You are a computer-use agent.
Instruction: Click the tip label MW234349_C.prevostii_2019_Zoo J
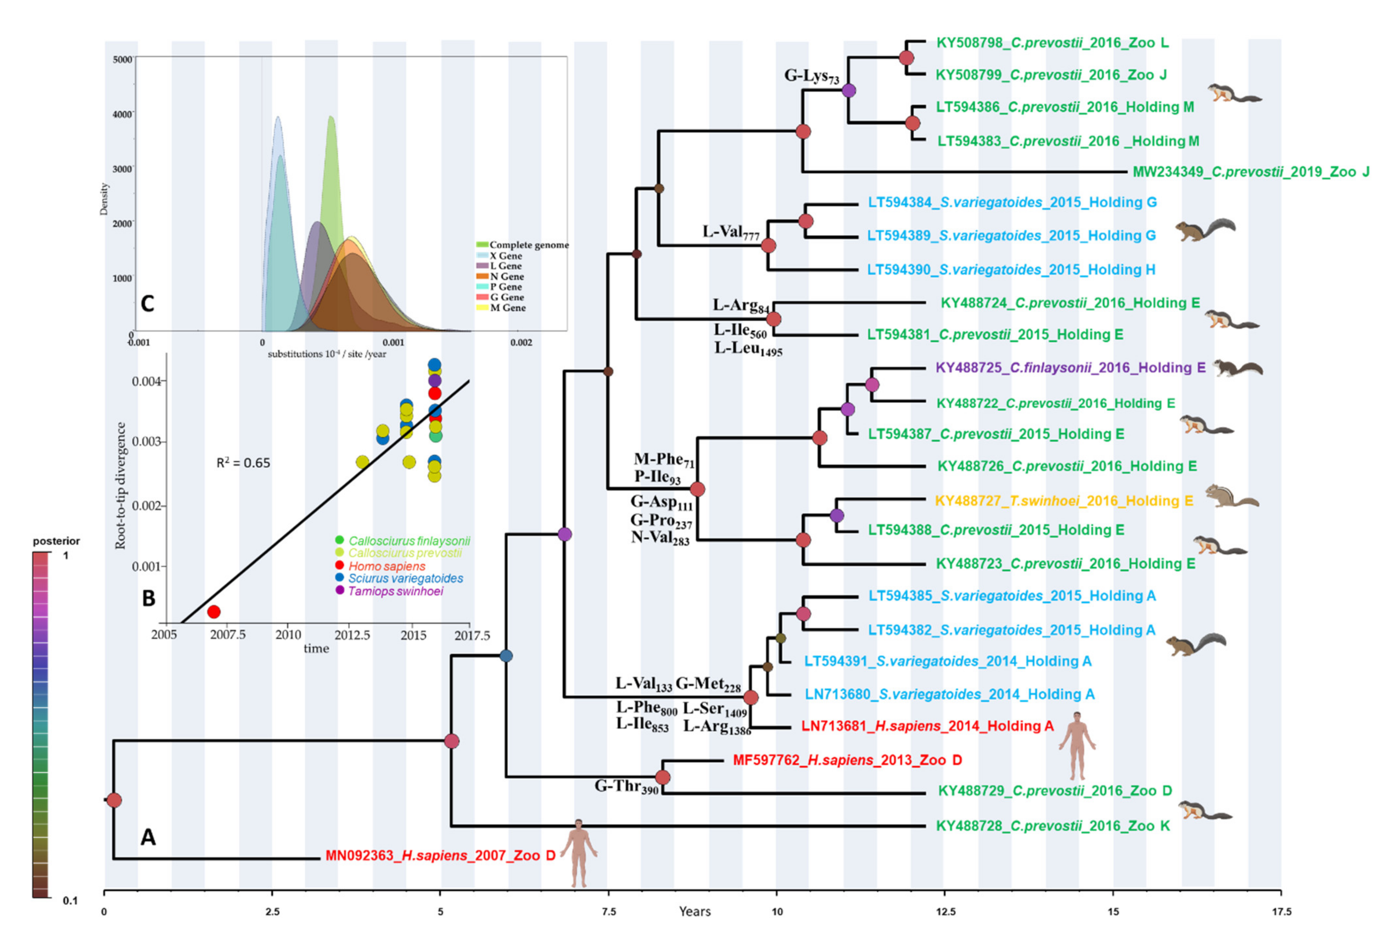point(1251,172)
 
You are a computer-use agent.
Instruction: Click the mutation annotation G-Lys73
point(811,76)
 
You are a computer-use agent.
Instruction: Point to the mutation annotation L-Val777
point(730,232)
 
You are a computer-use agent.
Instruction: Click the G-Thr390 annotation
point(626,787)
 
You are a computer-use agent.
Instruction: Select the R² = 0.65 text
point(243,463)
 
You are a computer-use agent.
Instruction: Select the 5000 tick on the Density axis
point(123,60)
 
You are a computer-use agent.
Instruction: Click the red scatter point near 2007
point(213,612)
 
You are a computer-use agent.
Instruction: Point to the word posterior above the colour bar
point(56,541)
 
